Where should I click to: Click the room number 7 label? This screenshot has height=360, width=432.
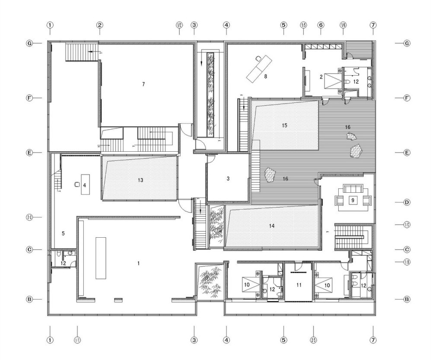[x=143, y=84]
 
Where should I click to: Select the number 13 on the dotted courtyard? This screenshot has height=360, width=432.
[x=140, y=180]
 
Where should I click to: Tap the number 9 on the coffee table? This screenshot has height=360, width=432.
[x=353, y=200]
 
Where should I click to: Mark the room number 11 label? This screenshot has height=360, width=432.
[x=298, y=285]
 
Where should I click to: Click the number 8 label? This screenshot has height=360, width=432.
[x=266, y=76]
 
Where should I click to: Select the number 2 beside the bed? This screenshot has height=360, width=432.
[x=321, y=77]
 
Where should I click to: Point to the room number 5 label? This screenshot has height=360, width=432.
[x=63, y=233]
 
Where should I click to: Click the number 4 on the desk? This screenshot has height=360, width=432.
[x=85, y=185]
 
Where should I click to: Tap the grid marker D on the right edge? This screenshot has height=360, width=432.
[x=407, y=202]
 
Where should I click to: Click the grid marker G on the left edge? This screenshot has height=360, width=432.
[x=29, y=44]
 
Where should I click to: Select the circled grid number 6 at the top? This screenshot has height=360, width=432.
[x=321, y=25]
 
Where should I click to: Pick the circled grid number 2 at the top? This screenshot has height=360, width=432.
[x=99, y=25]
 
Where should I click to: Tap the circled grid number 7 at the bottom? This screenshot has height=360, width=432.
[x=373, y=340]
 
